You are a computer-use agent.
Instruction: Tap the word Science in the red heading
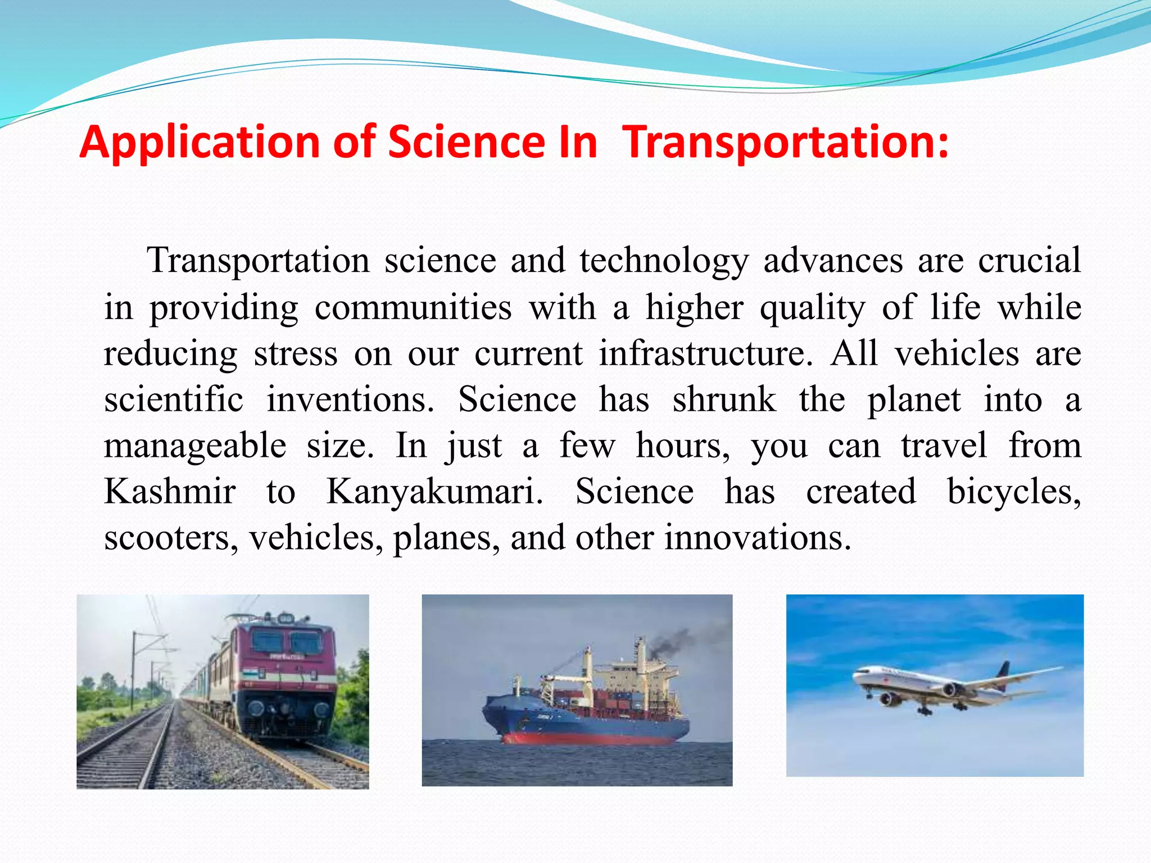point(466,142)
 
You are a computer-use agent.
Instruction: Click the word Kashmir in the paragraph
point(170,492)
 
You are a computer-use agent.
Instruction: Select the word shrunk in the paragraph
point(724,400)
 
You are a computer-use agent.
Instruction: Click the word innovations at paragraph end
point(757,538)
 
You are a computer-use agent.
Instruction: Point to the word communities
point(413,308)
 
